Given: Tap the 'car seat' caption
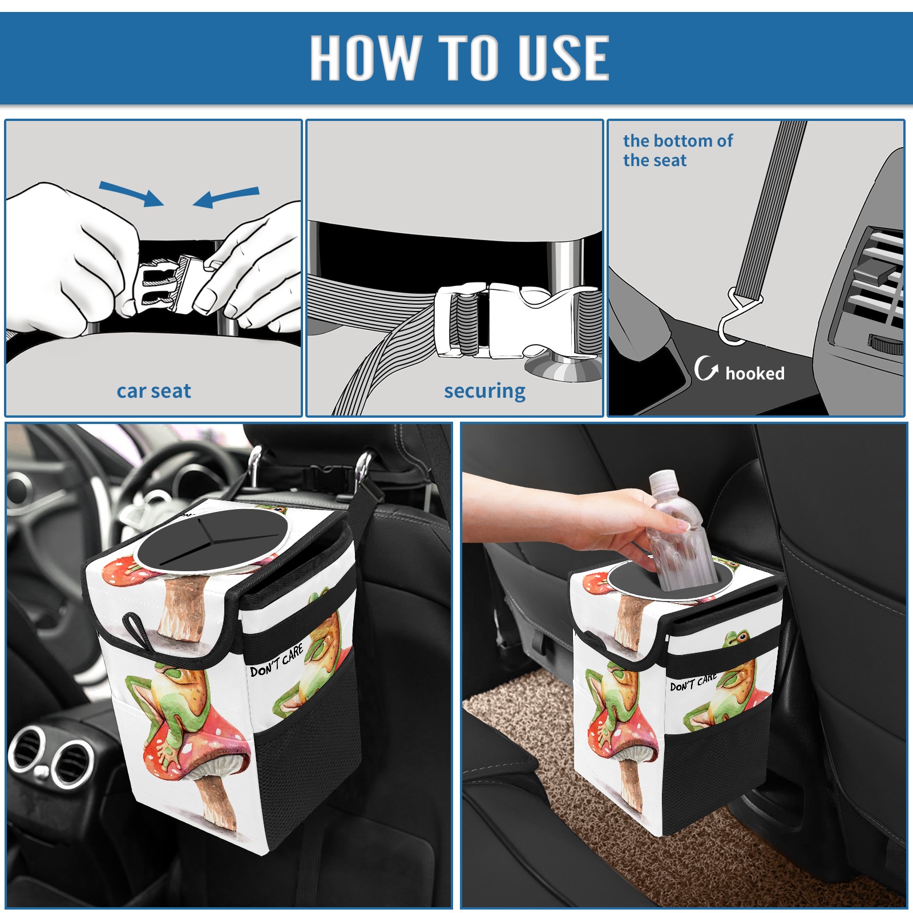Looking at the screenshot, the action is (153, 391).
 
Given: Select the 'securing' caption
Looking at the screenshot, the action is (484, 391).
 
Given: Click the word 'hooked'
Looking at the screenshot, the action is (755, 373).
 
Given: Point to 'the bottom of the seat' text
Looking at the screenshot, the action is (677, 150).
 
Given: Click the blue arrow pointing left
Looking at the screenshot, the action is (226, 197).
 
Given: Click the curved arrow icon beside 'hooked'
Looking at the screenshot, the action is (705, 368).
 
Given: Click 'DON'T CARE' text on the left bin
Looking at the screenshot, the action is (277, 660).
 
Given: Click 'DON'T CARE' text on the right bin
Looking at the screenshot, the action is (693, 682).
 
